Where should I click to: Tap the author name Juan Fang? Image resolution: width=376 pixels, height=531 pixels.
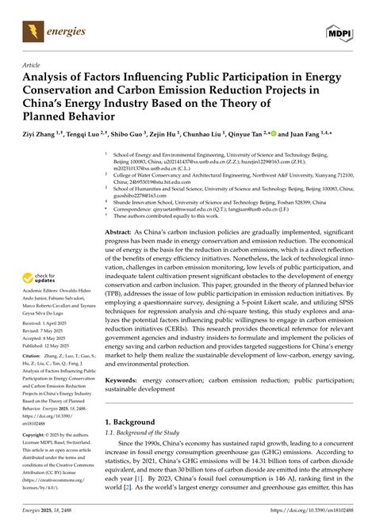point(314,136)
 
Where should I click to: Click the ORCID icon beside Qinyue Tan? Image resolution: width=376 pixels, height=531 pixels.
point(274,135)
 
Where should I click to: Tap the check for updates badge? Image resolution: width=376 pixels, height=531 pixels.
point(39,279)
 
